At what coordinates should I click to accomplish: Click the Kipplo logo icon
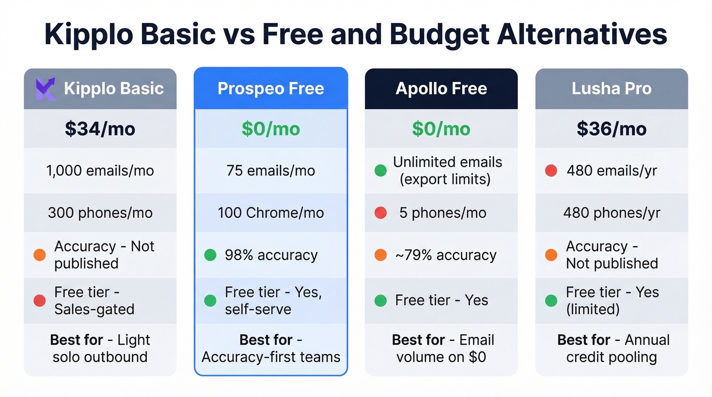coord(45,89)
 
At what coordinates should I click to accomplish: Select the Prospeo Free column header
coord(271,88)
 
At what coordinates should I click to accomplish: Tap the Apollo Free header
coord(441,88)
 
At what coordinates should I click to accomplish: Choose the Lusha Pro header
coord(611,88)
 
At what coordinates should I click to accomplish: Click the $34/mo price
coord(100,129)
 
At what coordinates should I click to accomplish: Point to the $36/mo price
coord(611,129)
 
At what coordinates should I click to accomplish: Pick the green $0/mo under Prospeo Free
coord(271,129)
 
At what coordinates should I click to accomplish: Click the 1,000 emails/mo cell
coord(100,170)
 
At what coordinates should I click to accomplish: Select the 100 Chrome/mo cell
coord(271,212)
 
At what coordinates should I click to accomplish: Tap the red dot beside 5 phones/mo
coord(380,212)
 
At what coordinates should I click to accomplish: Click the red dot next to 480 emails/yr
coord(551,171)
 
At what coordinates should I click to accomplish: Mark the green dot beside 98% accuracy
coord(210,255)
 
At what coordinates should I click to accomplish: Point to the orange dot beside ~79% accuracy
coord(380,255)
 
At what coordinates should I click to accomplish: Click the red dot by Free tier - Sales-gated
coord(40,300)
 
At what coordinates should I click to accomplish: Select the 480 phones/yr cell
coord(611,212)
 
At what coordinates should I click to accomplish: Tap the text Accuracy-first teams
coord(271,357)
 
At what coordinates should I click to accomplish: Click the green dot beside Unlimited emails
coord(380,171)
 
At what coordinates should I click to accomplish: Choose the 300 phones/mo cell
coord(100,212)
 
